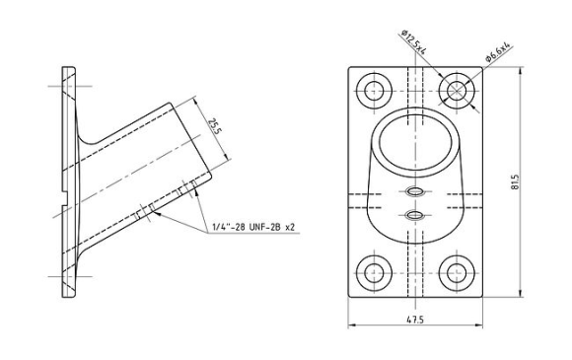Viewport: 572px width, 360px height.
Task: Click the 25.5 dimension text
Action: click(x=215, y=126)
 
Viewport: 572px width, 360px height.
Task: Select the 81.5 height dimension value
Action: click(x=515, y=181)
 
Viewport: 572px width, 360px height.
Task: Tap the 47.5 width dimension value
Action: click(x=415, y=320)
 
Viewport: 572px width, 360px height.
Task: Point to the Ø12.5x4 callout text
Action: click(x=413, y=42)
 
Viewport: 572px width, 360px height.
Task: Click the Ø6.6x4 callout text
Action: click(x=497, y=52)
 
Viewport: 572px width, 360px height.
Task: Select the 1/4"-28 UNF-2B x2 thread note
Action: click(x=253, y=228)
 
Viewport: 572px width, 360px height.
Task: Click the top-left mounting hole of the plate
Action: click(x=374, y=91)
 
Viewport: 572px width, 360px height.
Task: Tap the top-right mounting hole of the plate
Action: click(x=457, y=91)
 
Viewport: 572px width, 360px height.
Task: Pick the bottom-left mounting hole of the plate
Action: click(x=374, y=273)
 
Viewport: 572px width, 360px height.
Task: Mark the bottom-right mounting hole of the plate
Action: click(x=457, y=273)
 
